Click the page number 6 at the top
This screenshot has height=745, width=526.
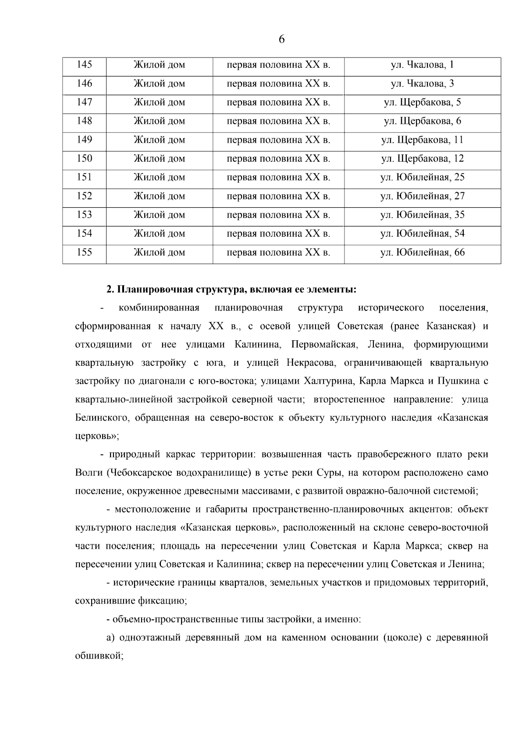click(281, 40)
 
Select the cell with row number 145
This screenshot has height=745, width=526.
click(84, 65)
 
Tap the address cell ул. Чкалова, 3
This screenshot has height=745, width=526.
click(422, 84)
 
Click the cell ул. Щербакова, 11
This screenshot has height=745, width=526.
click(422, 140)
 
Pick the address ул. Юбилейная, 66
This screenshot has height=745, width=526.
click(422, 252)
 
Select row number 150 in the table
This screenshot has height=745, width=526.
click(84, 158)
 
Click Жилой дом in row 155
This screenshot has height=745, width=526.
click(159, 252)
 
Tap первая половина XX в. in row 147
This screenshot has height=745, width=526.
click(278, 103)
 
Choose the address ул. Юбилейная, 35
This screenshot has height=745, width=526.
click(422, 215)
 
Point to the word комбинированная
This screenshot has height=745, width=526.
click(159, 308)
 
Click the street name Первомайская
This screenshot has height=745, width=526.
click(323, 344)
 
